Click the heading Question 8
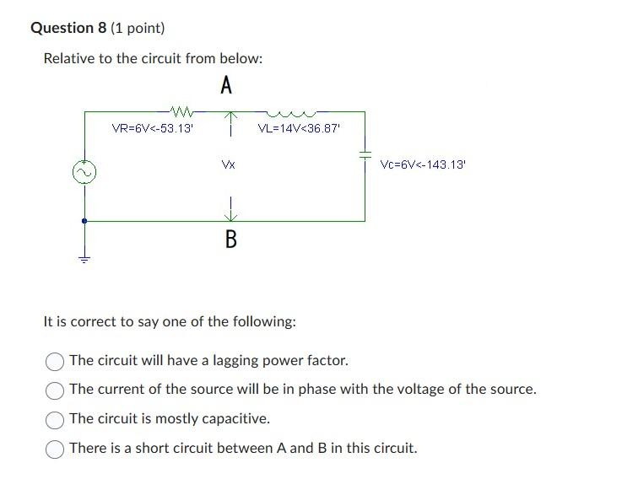[x=68, y=28]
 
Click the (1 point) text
[x=137, y=28]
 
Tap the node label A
[x=226, y=85]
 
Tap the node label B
[x=230, y=240]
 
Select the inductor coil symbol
[x=289, y=110]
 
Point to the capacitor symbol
[x=365, y=156]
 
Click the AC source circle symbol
[x=84, y=173]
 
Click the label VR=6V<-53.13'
[x=153, y=129]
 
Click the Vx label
[x=228, y=165]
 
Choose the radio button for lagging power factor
[x=55, y=361]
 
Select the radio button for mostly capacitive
[x=55, y=418]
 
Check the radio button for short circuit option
[x=55, y=448]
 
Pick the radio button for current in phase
[x=55, y=390]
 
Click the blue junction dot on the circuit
[x=84, y=221]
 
